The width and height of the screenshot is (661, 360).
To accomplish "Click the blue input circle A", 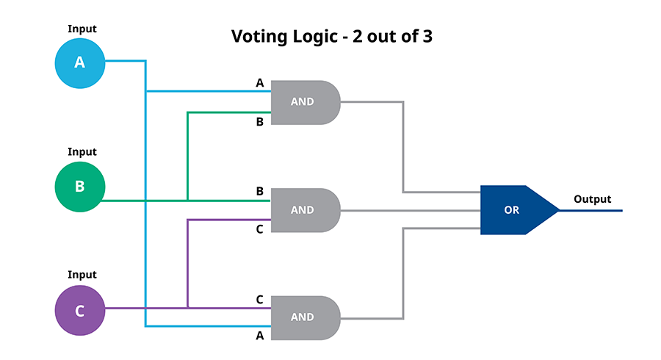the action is (x=79, y=63).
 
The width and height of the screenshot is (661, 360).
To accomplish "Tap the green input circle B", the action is (x=79, y=187).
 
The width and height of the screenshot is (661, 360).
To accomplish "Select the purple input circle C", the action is (x=79, y=310).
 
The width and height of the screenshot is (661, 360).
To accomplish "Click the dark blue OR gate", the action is (x=519, y=210).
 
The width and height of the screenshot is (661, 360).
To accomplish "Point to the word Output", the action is (x=592, y=199).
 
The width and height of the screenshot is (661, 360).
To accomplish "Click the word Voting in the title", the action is (x=259, y=37).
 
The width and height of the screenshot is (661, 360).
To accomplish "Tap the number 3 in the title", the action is (x=427, y=36).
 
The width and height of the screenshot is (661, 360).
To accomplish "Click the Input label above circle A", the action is (x=82, y=29).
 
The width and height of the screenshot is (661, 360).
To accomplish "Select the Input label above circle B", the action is (x=82, y=152).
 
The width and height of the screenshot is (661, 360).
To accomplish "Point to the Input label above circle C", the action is (x=82, y=275).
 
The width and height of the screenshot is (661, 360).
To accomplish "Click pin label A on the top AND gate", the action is (x=260, y=83).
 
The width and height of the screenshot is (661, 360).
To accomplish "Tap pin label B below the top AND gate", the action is (x=260, y=122).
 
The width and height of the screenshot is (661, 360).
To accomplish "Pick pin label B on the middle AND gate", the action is (x=260, y=191).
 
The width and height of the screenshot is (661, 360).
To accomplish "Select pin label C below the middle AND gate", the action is (x=260, y=229).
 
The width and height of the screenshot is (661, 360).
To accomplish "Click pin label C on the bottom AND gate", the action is (x=260, y=300).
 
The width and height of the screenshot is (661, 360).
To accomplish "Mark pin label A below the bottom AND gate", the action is (x=260, y=336).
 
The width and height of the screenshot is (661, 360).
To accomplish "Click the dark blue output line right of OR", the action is (x=591, y=210).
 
